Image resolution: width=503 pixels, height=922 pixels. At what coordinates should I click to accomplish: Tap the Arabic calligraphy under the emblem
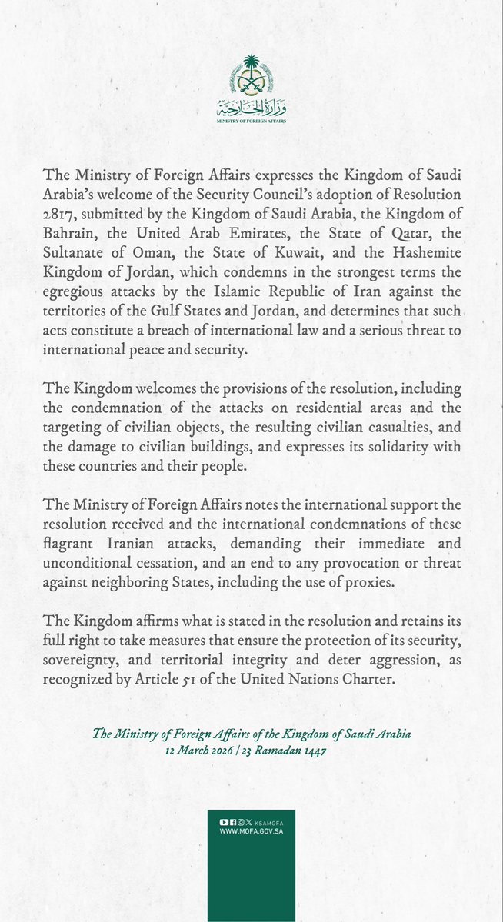[251, 106]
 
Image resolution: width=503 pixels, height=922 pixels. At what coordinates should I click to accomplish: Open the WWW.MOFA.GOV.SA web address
[251, 832]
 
